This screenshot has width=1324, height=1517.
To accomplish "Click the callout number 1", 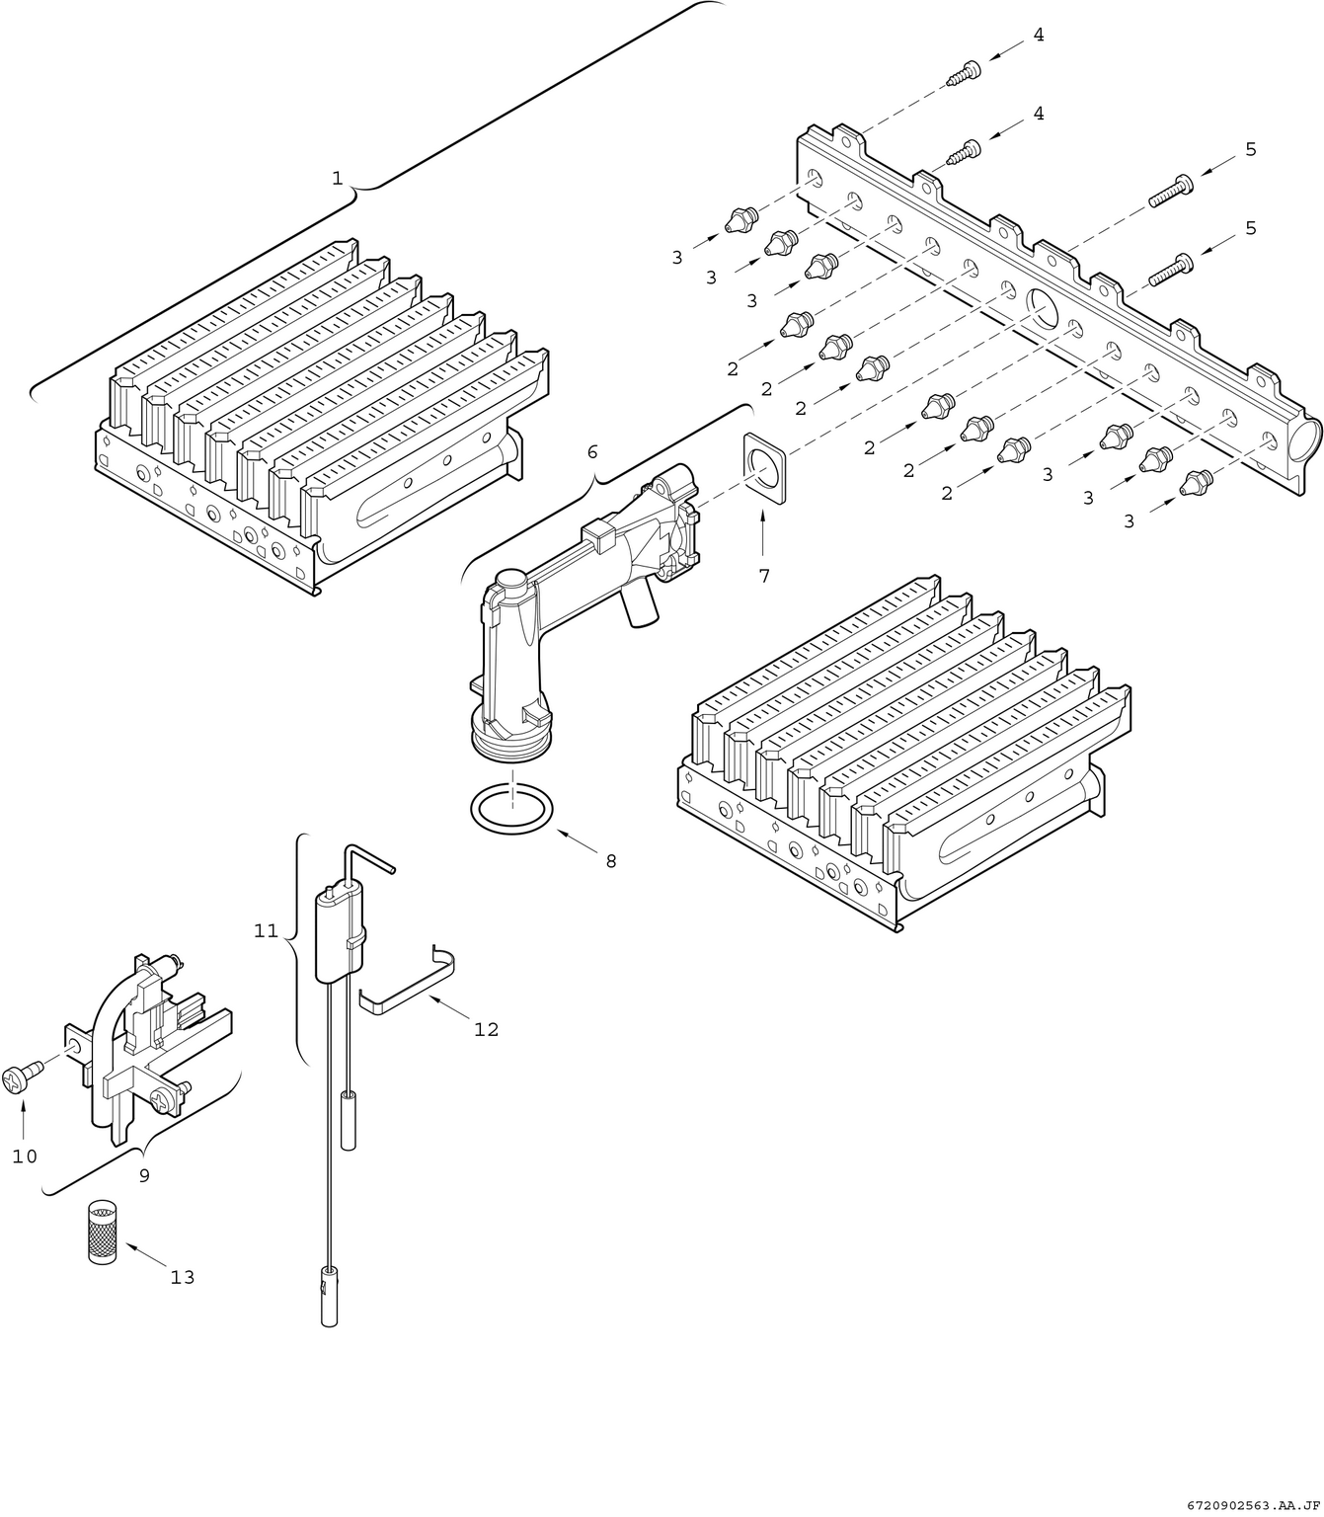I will pos(337,178).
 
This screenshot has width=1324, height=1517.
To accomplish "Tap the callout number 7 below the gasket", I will pos(764,576).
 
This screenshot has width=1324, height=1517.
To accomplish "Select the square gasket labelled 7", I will pos(764,468).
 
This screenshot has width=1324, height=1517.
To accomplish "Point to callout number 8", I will pos(611,861).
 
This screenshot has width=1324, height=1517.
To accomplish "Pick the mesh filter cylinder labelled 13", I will pos(100,1232).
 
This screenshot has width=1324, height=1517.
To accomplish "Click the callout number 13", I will pos(183,1277).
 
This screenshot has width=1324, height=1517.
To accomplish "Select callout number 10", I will pos(25,1156).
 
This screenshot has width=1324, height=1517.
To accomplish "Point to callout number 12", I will pos(486,1029).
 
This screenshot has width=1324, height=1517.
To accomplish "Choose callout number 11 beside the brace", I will pos(267,930).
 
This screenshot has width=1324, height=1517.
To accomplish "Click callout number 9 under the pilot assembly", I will pos(144,1175).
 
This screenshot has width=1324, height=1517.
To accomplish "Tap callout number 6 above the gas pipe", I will pos(592,451).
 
